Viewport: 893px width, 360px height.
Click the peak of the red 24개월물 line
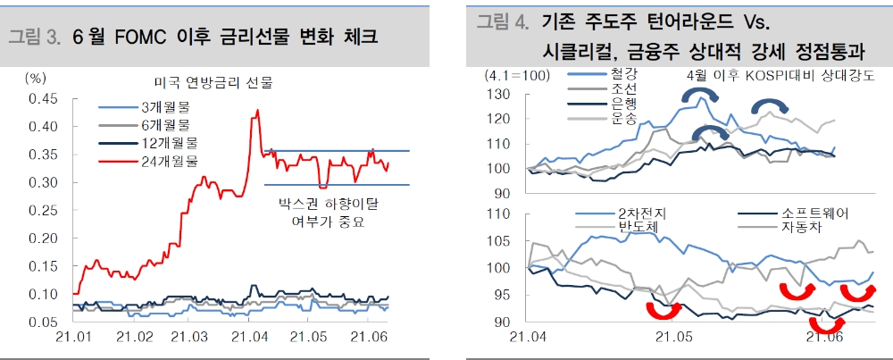(258, 110)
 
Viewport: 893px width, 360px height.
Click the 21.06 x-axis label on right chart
(823, 338)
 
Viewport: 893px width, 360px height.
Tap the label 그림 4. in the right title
(501, 21)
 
